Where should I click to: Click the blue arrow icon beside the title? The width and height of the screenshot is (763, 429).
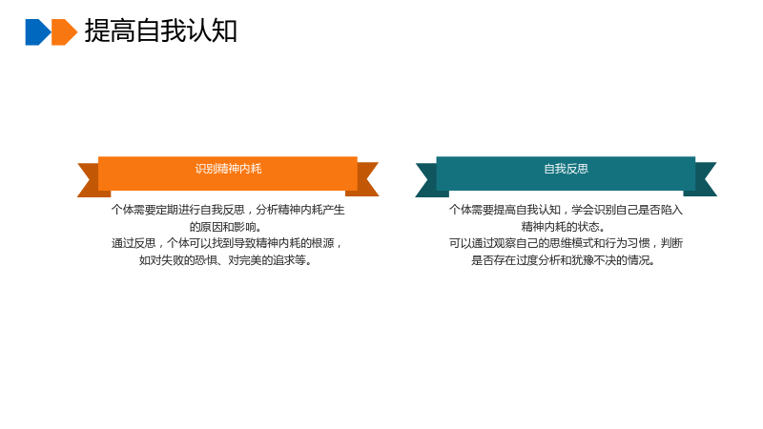click(37, 32)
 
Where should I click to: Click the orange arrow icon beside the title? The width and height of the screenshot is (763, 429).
click(64, 32)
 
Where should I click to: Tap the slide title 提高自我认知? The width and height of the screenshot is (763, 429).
click(160, 31)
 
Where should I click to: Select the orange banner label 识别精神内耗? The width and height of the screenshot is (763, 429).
click(228, 169)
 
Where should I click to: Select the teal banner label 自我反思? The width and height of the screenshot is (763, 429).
click(566, 169)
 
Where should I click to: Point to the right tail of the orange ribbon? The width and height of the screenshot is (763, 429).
click(366, 179)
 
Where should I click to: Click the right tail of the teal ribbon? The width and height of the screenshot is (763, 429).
click(704, 179)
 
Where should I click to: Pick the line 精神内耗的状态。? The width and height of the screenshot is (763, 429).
click(564, 227)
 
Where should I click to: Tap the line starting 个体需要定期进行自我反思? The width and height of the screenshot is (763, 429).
click(228, 210)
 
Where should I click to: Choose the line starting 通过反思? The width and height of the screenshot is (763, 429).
click(227, 243)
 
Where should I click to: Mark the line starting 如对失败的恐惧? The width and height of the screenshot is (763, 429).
click(226, 260)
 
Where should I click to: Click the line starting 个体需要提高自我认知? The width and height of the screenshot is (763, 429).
click(566, 210)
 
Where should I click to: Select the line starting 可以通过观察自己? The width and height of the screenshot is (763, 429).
click(566, 243)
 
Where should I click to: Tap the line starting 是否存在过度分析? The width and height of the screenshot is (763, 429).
click(564, 260)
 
